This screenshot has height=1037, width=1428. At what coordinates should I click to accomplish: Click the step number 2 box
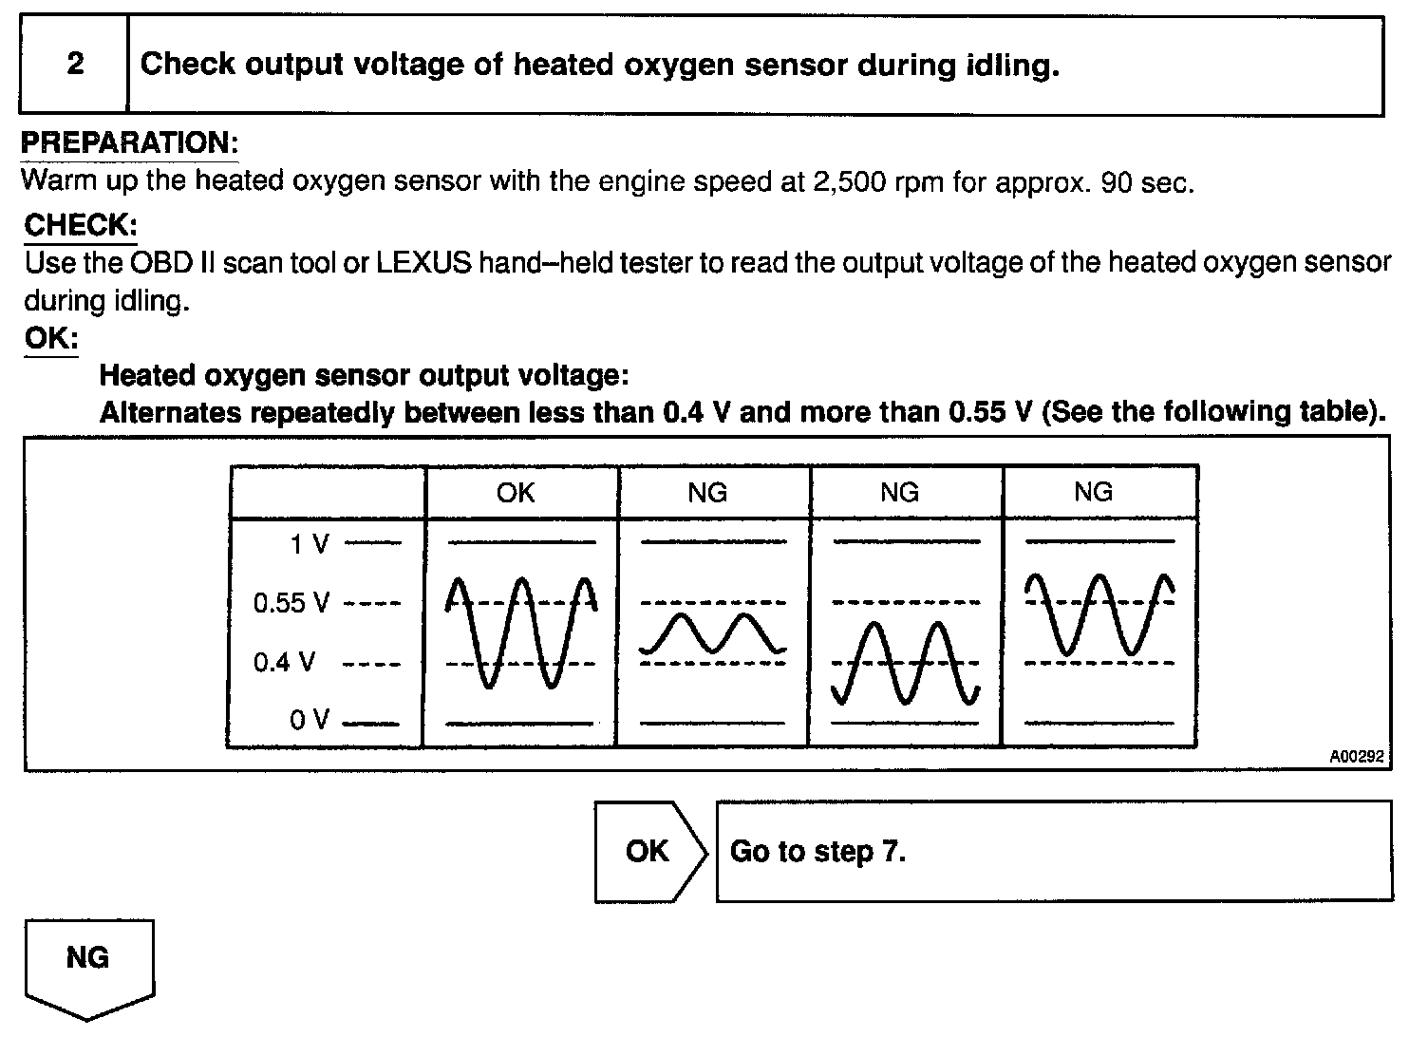[x=75, y=65]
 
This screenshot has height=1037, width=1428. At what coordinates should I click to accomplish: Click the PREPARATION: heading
[x=129, y=143]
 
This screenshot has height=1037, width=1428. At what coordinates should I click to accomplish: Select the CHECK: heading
[x=81, y=225]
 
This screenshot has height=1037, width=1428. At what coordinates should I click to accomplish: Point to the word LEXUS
[x=423, y=263]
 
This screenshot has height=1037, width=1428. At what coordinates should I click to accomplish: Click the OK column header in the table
[x=516, y=492]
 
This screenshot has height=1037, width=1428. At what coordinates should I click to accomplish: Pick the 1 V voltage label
[x=310, y=544]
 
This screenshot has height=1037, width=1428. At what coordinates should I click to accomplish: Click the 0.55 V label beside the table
[x=291, y=603]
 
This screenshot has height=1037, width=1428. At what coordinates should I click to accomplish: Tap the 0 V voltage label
[x=310, y=720]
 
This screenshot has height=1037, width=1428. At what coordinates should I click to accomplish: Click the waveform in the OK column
[x=520, y=632]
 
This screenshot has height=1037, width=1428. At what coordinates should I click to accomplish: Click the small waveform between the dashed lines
[x=713, y=633]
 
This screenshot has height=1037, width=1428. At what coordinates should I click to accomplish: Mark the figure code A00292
[x=1356, y=757]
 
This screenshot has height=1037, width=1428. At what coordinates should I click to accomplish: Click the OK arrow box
[x=648, y=851]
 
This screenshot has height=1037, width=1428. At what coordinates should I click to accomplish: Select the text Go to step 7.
[x=817, y=851]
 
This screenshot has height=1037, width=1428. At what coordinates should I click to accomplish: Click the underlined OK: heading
[x=51, y=339]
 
